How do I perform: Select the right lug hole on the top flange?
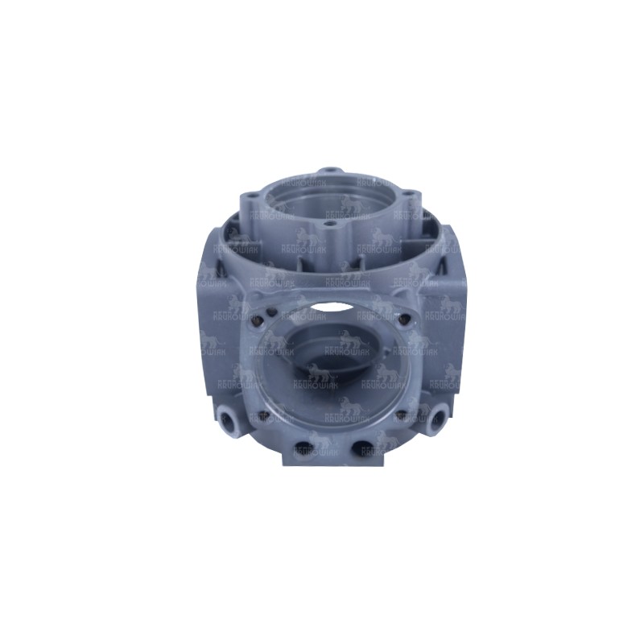[407, 194]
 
